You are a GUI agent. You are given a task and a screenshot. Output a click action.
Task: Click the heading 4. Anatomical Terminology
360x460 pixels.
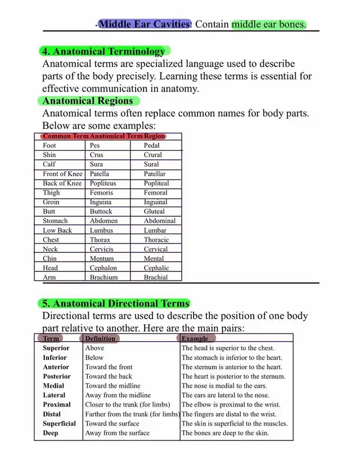(104, 51)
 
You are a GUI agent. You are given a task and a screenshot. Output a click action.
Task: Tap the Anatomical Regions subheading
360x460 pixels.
(88, 101)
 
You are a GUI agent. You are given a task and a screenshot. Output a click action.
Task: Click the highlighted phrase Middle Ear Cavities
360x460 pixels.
(144, 24)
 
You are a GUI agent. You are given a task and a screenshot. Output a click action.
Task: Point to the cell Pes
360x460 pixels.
(95, 145)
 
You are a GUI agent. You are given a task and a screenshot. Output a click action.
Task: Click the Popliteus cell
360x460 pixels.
(103, 183)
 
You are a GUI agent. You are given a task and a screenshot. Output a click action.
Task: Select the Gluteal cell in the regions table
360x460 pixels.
(154, 211)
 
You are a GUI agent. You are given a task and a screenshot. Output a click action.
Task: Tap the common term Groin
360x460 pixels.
(51, 202)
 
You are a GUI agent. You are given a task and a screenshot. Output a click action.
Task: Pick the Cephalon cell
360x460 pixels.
(103, 268)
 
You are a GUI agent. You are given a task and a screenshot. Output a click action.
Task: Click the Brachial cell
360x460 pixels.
(156, 277)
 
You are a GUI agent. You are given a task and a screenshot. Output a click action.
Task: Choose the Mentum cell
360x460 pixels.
(102, 258)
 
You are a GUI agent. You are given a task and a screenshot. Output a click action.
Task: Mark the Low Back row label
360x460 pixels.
(57, 230)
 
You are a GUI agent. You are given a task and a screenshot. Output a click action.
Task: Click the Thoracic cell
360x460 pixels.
(156, 239)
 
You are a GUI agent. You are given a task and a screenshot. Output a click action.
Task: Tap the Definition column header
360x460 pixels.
(100, 338)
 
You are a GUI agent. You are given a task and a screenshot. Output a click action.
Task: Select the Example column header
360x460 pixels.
(195, 338)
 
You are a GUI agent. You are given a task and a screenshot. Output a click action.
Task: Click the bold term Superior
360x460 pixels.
(56, 348)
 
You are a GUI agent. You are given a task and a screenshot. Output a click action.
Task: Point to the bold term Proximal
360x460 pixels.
(57, 404)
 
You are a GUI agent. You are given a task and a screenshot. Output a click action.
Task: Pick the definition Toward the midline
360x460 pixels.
(113, 386)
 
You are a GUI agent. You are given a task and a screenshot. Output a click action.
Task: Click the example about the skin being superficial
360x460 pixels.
(235, 423)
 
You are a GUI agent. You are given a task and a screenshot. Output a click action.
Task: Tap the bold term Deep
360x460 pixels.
(50, 433)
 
